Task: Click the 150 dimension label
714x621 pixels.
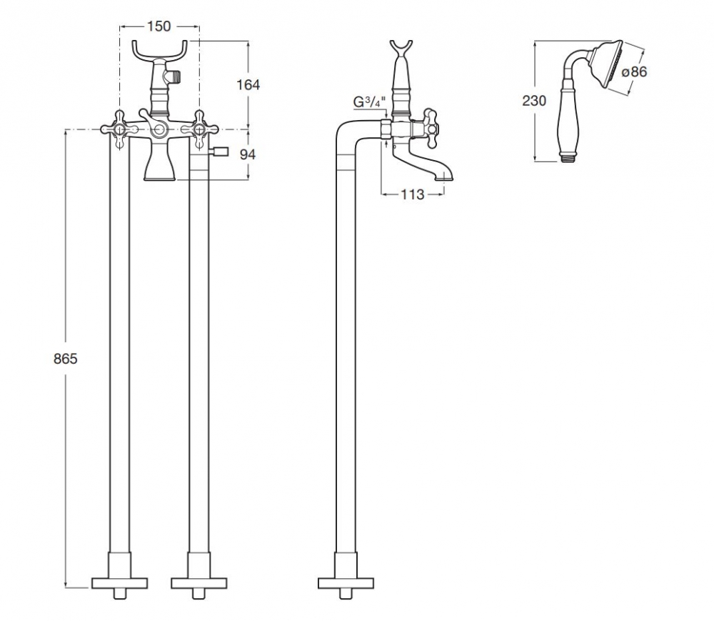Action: tap(159, 26)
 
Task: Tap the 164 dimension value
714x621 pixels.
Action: tap(248, 85)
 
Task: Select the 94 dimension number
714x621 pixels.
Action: tap(248, 155)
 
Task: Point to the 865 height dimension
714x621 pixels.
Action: tap(66, 359)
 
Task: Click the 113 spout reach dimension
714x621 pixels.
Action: tap(412, 194)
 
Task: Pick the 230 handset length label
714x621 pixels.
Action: tap(534, 101)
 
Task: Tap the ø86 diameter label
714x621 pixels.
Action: tap(634, 72)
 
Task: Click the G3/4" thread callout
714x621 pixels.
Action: tap(370, 102)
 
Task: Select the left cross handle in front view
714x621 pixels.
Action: tap(120, 129)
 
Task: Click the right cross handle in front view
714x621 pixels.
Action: tap(199, 129)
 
